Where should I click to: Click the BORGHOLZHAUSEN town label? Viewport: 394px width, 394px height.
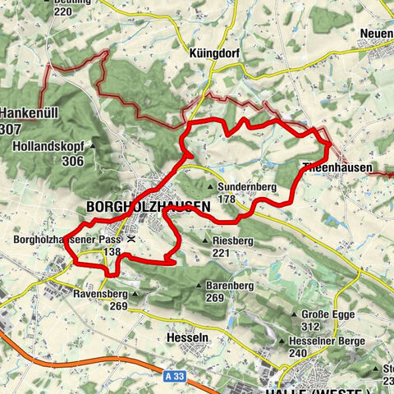click(147, 208)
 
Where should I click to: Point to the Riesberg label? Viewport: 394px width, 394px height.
click(232, 241)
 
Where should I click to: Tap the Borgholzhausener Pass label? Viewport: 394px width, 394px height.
click(65, 241)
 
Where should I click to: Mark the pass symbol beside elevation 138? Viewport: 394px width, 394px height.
click(132, 241)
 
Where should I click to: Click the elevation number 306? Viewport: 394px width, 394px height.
click(72, 161)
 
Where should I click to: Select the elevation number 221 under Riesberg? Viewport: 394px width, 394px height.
click(221, 254)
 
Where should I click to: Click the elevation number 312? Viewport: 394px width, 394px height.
click(310, 327)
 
